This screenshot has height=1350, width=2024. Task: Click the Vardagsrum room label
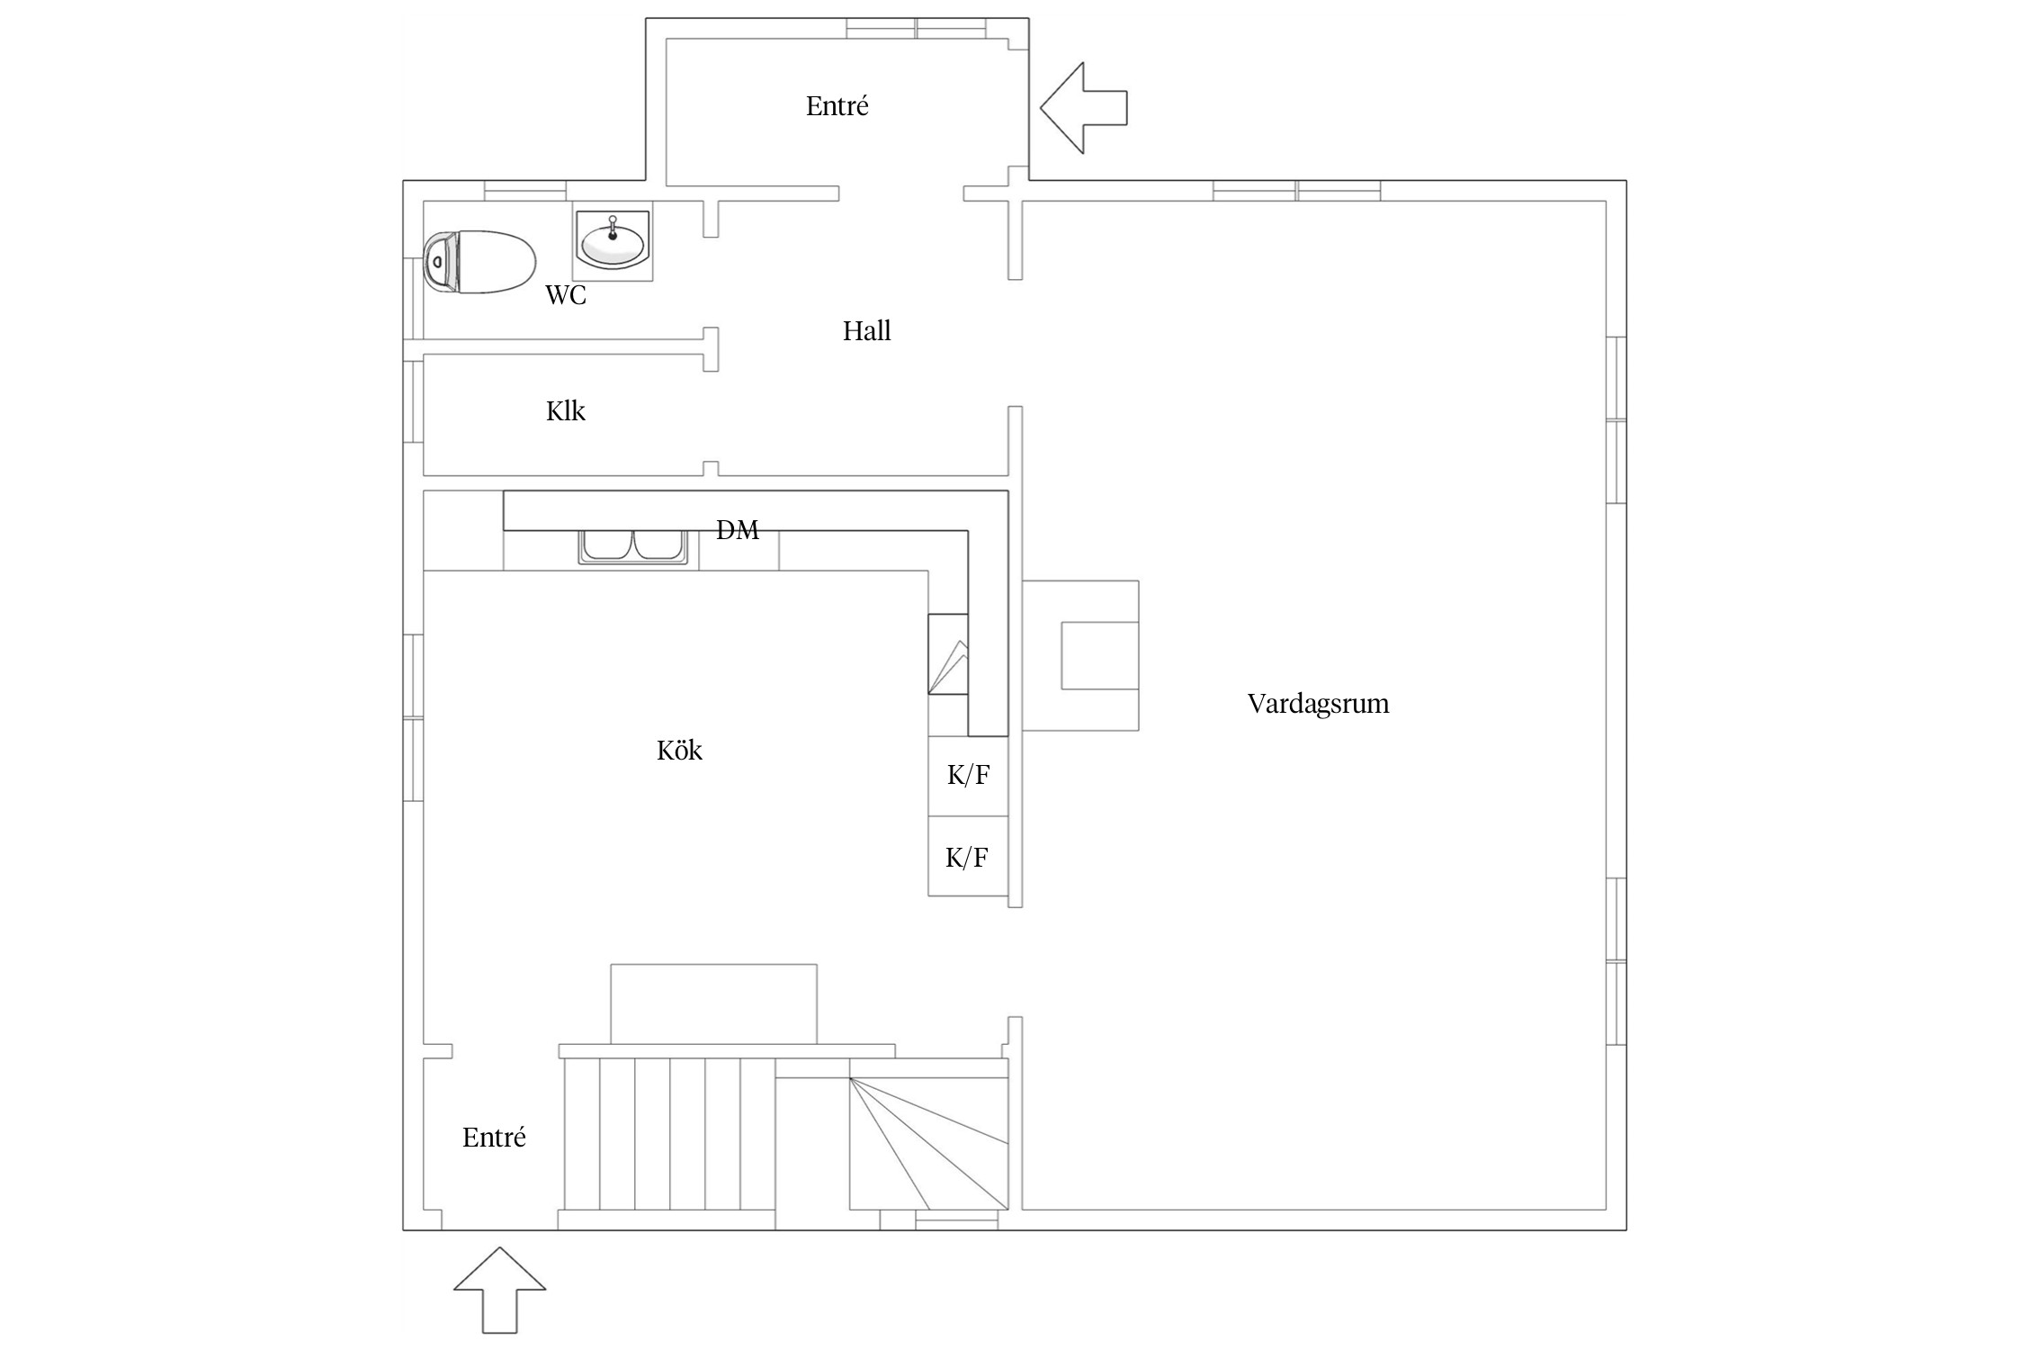coord(1318,704)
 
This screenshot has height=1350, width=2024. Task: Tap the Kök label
coord(679,751)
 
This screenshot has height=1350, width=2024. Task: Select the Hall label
coord(866,331)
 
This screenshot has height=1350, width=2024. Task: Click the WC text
coord(566,295)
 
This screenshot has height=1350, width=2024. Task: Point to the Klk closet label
coord(566,411)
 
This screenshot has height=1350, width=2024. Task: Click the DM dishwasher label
coord(738,530)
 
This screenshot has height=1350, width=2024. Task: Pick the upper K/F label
coord(968,775)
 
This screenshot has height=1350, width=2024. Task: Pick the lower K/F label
coord(967,858)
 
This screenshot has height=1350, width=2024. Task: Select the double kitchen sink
coord(633,547)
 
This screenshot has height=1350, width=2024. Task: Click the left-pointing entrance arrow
coord(1082,108)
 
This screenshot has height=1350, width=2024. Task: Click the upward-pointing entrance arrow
coord(499,1289)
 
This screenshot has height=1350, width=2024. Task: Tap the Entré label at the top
coord(837,106)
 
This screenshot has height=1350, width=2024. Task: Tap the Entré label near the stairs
coord(494,1138)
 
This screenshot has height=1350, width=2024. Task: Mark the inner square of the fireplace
coord(1099,655)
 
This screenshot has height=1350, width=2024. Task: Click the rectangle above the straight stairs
coord(713,1003)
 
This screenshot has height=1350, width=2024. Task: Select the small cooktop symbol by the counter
coord(948,654)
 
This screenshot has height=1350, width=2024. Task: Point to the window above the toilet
coord(525,191)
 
